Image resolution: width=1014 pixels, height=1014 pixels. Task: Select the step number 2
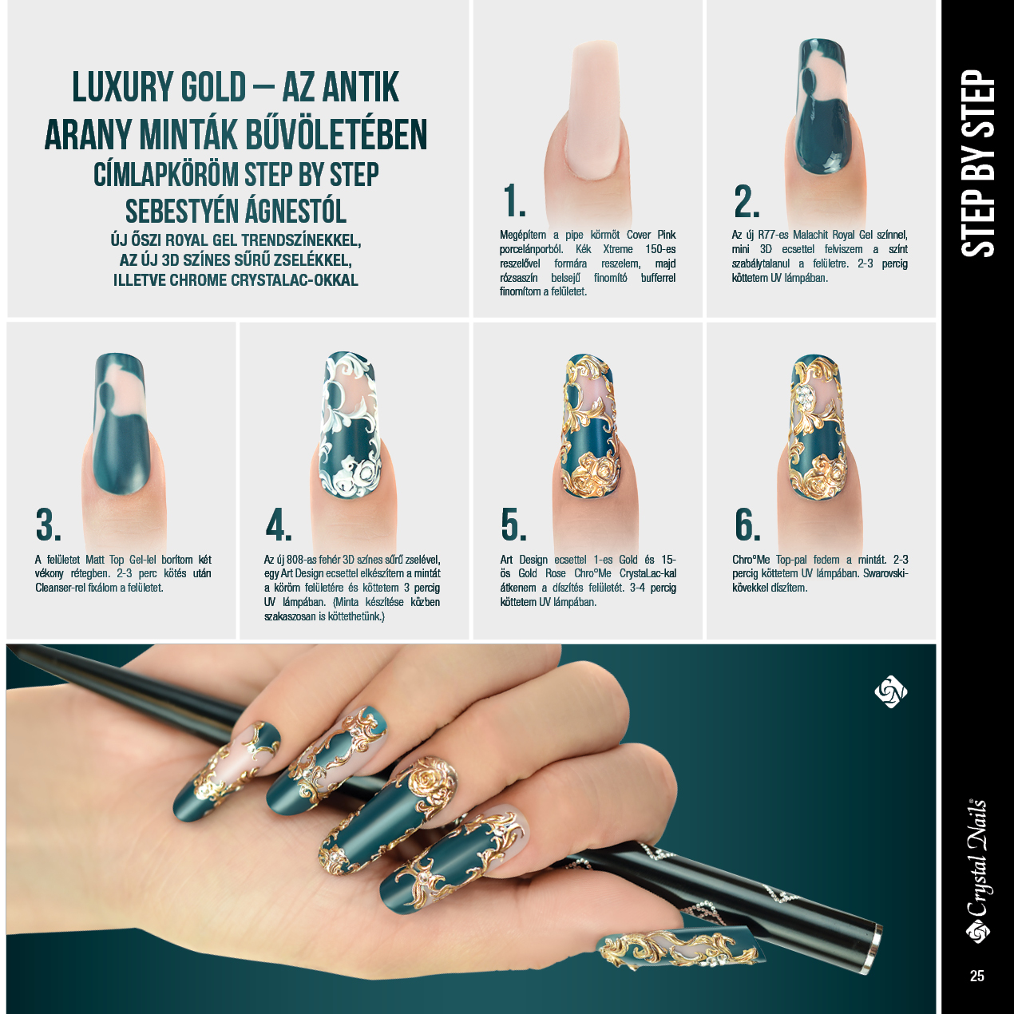point(747,200)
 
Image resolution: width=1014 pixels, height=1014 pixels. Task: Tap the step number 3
point(49,524)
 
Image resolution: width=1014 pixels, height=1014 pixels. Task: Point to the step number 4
point(279,524)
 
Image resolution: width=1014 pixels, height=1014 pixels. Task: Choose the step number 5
point(513,524)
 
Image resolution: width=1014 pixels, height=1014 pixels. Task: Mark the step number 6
point(747,524)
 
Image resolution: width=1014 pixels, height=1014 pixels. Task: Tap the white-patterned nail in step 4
point(349,426)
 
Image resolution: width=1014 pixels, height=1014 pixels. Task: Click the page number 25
point(976,976)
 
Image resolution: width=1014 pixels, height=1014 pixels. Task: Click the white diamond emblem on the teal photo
point(890,692)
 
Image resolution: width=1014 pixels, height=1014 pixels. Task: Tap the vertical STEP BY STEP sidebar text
point(978,164)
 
